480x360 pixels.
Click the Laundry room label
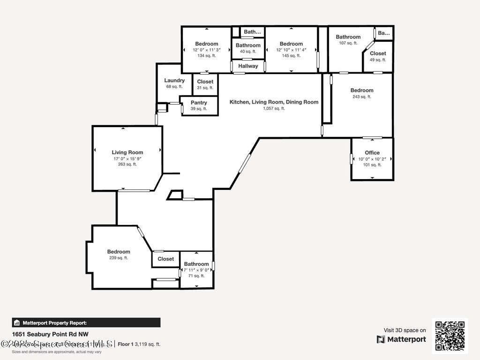tap(174, 81)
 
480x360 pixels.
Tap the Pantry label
tap(199, 103)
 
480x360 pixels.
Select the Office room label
tap(372, 153)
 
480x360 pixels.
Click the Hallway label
tap(248, 66)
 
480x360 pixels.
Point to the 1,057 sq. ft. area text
tap(274, 108)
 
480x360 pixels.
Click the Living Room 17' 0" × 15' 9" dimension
tap(127, 159)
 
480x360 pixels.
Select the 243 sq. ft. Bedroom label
tap(362, 90)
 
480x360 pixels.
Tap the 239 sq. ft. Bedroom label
tap(119, 252)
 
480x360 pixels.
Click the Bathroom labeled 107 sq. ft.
tap(348, 37)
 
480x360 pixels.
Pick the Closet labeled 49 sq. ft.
tap(378, 53)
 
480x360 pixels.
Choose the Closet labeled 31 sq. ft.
tap(205, 82)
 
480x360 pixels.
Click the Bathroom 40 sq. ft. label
tap(248, 45)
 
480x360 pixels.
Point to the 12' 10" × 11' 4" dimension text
tap(291, 50)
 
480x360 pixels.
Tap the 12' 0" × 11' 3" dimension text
tap(207, 50)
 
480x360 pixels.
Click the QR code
tap(450, 336)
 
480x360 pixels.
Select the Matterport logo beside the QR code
tap(401, 339)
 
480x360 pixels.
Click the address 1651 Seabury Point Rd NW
tap(51, 334)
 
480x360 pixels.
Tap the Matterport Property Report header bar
tap(86, 322)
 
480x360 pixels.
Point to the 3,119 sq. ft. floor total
tap(148, 344)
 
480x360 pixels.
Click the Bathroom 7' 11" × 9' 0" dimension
tap(196, 270)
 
